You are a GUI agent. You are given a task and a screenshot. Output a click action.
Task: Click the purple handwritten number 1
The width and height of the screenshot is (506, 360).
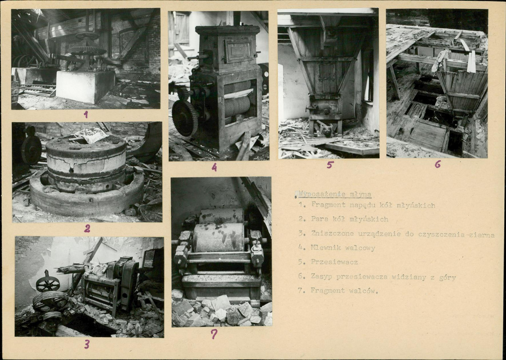[x=85, y=115]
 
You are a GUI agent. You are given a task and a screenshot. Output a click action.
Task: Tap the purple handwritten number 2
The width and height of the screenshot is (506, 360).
[x=87, y=229]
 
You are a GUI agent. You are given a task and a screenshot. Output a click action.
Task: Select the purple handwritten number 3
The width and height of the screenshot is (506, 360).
[x=87, y=344]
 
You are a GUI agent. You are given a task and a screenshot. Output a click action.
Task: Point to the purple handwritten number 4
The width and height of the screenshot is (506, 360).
[x=214, y=167]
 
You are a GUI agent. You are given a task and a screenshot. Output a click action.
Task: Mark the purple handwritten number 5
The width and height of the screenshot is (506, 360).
[x=329, y=165]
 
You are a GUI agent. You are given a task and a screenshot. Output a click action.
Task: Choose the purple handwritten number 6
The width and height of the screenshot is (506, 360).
[x=438, y=164]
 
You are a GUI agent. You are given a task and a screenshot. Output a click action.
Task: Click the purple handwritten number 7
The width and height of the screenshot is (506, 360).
[x=214, y=334]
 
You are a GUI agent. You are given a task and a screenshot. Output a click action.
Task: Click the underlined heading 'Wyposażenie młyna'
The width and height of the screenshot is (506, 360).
[x=335, y=194]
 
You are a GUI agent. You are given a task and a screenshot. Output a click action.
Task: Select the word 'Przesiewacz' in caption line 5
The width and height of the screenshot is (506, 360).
[x=335, y=262]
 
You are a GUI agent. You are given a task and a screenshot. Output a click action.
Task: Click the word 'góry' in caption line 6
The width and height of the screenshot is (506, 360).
[x=447, y=277]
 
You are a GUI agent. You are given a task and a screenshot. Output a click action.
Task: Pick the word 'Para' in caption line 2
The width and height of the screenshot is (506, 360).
[x=319, y=219]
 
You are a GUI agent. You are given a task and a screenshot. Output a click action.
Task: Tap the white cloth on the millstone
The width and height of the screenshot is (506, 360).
[x=91, y=135]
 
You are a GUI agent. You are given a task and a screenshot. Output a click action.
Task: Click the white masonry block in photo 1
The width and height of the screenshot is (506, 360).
[x=85, y=87]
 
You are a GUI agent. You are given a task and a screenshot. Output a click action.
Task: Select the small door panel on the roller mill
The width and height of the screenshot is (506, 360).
[x=239, y=51]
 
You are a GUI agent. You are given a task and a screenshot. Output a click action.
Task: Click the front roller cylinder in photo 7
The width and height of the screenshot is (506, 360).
[x=218, y=237]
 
